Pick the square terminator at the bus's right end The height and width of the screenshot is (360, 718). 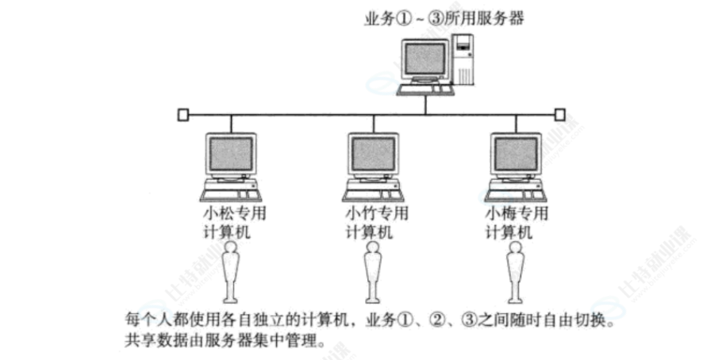tap(560, 114)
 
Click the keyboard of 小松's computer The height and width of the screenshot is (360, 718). tap(231, 194)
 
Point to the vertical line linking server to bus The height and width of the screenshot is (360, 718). tap(425, 103)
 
